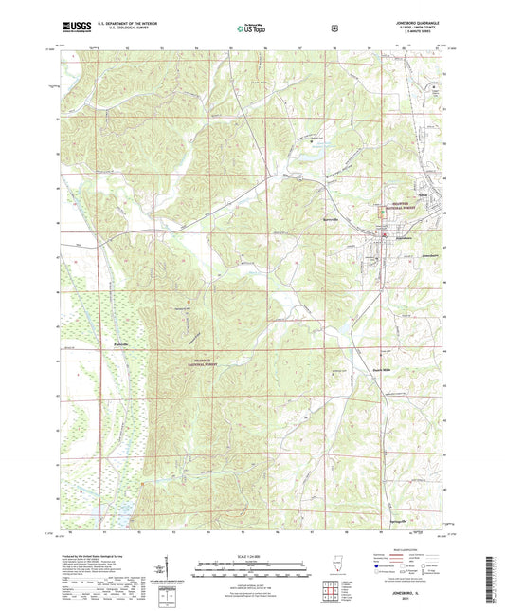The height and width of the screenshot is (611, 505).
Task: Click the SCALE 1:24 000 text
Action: click(x=252, y=554)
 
